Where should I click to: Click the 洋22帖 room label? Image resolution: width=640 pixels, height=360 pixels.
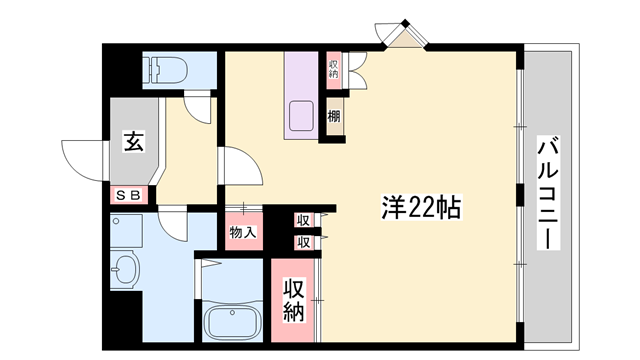click(421, 207)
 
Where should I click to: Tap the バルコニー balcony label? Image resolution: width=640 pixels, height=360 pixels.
click(548, 193)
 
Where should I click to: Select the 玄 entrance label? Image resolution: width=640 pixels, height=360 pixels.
click(134, 141)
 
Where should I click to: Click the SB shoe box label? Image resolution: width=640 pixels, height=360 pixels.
click(129, 196)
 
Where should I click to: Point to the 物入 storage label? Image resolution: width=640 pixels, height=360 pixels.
click(243, 232)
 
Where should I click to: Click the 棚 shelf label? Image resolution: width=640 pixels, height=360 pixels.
click(334, 117)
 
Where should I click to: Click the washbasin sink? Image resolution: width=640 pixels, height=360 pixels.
click(124, 269)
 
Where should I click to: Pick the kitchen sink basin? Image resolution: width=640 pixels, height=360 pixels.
click(301, 116)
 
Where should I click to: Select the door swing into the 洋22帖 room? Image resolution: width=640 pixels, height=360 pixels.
click(241, 166)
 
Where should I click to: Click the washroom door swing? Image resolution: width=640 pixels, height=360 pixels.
click(173, 224)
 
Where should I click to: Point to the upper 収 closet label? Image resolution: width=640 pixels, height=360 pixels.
click(303, 220)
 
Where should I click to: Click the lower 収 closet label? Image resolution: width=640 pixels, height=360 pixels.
click(303, 243)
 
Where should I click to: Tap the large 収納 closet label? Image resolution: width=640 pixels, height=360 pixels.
click(294, 301)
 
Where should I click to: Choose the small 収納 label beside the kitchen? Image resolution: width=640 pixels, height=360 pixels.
click(334, 69)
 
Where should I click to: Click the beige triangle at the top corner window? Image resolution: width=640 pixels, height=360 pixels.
click(405, 39)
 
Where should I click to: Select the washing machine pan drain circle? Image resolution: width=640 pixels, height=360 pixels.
click(116, 222)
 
